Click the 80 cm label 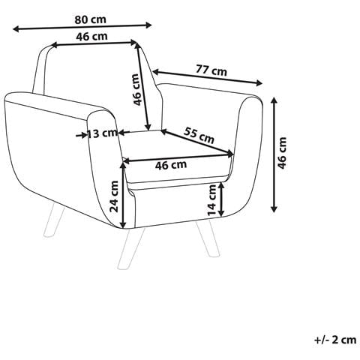tap(90, 19)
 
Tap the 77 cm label tap(211, 70)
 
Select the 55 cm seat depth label tap(199, 135)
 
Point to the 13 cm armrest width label tap(102, 133)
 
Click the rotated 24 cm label tap(114, 196)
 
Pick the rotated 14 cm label tap(211, 200)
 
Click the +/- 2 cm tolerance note tap(335, 340)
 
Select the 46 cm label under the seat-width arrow tap(171, 165)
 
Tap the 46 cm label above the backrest tap(91, 37)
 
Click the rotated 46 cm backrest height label tap(136, 89)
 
